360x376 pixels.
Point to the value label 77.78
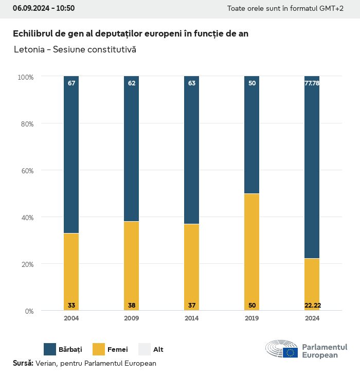[x=312, y=83]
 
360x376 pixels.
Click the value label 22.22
[x=312, y=306]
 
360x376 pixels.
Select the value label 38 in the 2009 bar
[x=132, y=306]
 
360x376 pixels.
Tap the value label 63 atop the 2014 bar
[x=192, y=83]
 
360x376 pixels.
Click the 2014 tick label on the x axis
[x=192, y=318]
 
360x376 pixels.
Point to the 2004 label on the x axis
[x=71, y=318]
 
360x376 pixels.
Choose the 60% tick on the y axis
[x=26, y=171]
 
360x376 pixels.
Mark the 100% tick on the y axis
[x=25, y=77]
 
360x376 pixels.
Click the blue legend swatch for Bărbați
[x=50, y=349]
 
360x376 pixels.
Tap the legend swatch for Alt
[x=145, y=349]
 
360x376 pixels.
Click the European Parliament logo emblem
[x=281, y=349]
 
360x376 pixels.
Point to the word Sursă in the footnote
[x=23, y=363]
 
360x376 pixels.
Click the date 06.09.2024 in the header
[x=30, y=8]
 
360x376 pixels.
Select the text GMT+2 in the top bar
[x=332, y=8]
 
